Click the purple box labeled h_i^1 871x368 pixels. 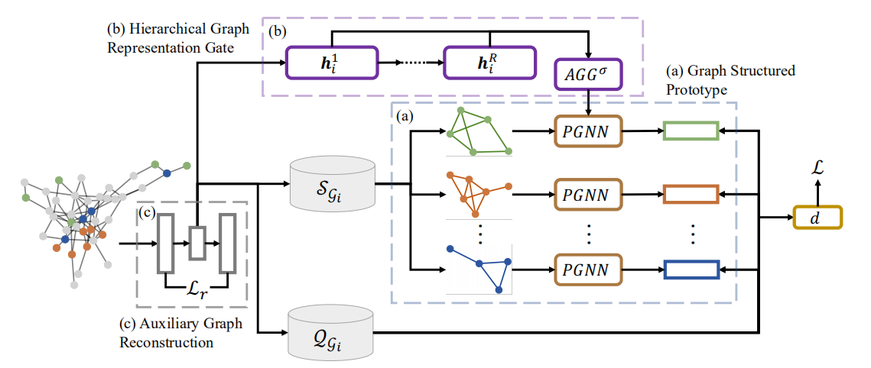pyautogui.click(x=332, y=63)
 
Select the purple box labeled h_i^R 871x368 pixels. pyautogui.click(x=489, y=63)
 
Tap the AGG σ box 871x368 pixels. pyautogui.click(x=587, y=75)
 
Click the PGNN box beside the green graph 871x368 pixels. pyautogui.click(x=587, y=132)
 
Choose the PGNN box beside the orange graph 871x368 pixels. pyautogui.click(x=587, y=195)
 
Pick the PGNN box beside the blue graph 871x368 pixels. pyautogui.click(x=587, y=270)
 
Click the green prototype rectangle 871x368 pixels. pyautogui.click(x=691, y=132)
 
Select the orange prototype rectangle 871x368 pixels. pyautogui.click(x=691, y=195)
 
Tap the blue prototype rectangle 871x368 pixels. pyautogui.click(x=691, y=270)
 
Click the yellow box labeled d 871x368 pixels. pyautogui.click(x=817, y=218)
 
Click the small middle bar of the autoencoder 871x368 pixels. pyautogui.click(x=197, y=244)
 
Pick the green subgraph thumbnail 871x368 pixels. pyautogui.click(x=479, y=132)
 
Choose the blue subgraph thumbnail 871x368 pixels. pyautogui.click(x=479, y=269)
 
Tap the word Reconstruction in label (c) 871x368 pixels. pyautogui.click(x=166, y=342)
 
